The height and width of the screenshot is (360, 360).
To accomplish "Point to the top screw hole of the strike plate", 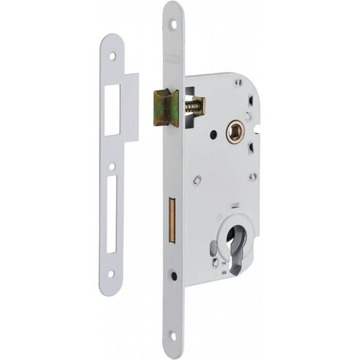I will [x=112, y=57].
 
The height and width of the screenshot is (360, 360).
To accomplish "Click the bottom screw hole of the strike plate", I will [x=111, y=274].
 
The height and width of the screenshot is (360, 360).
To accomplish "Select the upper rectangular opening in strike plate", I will [x=113, y=107].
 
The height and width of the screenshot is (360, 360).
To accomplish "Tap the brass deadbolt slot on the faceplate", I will [x=173, y=216].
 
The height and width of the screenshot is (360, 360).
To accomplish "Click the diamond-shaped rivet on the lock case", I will [x=198, y=179].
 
